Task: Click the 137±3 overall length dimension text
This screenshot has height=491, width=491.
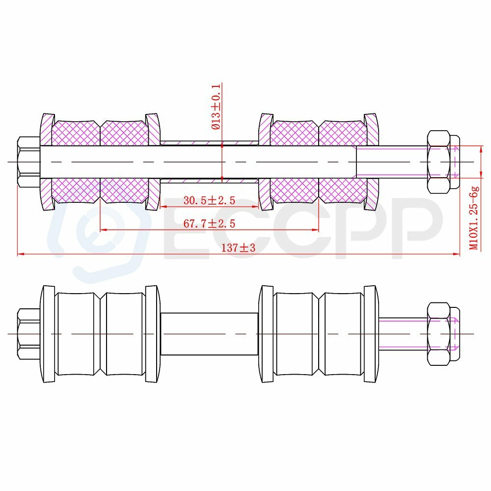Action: coord(238,247)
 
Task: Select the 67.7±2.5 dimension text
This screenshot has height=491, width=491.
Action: coord(209,223)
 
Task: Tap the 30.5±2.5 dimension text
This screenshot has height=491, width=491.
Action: coord(209,200)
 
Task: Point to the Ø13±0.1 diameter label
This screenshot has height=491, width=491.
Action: coord(216,107)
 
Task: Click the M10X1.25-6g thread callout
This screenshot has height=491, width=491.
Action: coord(474,218)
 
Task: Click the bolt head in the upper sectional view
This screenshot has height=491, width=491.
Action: coord(29,162)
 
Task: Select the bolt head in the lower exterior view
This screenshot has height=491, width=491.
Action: coord(29,334)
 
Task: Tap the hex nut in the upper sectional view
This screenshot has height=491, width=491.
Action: coord(443,162)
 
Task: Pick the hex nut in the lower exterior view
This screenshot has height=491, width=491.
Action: coord(443,334)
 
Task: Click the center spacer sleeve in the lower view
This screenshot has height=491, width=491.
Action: coord(209,334)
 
